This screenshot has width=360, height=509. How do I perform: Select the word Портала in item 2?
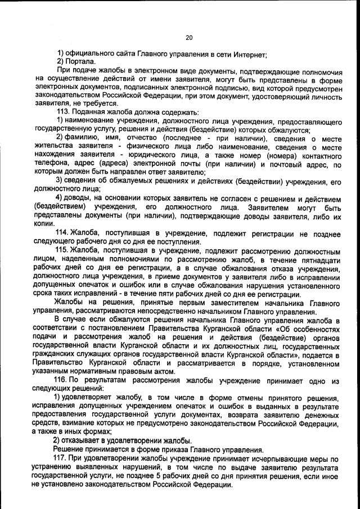tap(81, 61)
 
